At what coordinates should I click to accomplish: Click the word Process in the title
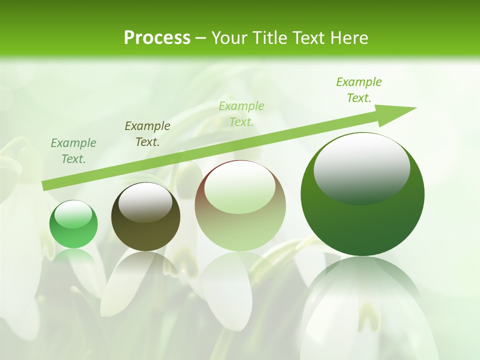coord(157,37)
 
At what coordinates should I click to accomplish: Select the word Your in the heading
coord(228,37)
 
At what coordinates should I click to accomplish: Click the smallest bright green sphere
coord(73,224)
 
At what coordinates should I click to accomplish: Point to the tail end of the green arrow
coord(44,186)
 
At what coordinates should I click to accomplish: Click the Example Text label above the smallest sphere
coord(73,151)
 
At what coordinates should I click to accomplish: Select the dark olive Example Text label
coord(147,134)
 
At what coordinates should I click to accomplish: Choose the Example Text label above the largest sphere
coord(359,90)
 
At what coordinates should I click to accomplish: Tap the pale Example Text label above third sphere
coord(241,113)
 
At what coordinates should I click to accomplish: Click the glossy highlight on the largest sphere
coord(361,167)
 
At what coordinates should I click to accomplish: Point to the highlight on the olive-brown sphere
coord(145,201)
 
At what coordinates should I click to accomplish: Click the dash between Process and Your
coord(200,38)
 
